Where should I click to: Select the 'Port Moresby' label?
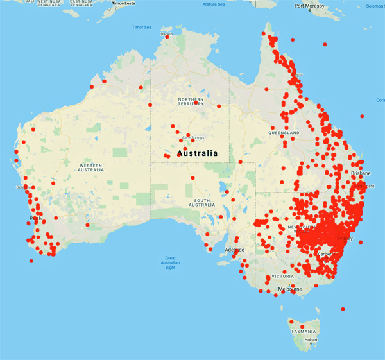308,6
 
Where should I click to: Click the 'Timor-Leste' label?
124,3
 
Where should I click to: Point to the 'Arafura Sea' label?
213,4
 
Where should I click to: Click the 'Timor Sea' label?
141,27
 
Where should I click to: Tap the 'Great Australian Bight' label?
170,262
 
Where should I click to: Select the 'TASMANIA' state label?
303,331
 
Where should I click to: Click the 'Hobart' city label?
311,339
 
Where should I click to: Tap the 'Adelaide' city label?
233,249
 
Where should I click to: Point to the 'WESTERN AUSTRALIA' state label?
90,167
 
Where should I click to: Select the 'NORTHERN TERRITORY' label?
191,102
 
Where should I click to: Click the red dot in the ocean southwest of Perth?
31,261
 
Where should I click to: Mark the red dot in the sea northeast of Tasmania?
343,309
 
